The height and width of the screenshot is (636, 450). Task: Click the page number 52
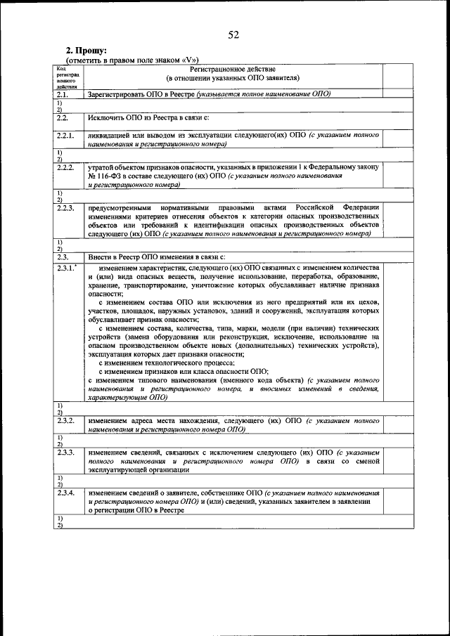(x=233, y=35)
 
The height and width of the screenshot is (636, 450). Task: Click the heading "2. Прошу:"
(x=86, y=51)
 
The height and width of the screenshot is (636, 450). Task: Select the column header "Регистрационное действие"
(x=233, y=69)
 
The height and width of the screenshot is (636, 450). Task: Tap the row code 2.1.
(x=61, y=93)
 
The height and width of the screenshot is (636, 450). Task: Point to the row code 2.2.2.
(x=65, y=167)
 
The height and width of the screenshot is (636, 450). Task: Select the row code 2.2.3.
(x=65, y=207)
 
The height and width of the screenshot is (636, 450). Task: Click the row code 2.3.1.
(x=66, y=269)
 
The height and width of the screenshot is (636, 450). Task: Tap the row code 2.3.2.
(x=65, y=420)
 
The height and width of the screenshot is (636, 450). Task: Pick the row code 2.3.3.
(x=65, y=453)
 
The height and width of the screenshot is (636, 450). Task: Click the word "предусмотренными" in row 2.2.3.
(x=122, y=207)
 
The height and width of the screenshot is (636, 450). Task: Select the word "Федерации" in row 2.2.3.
(x=361, y=207)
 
